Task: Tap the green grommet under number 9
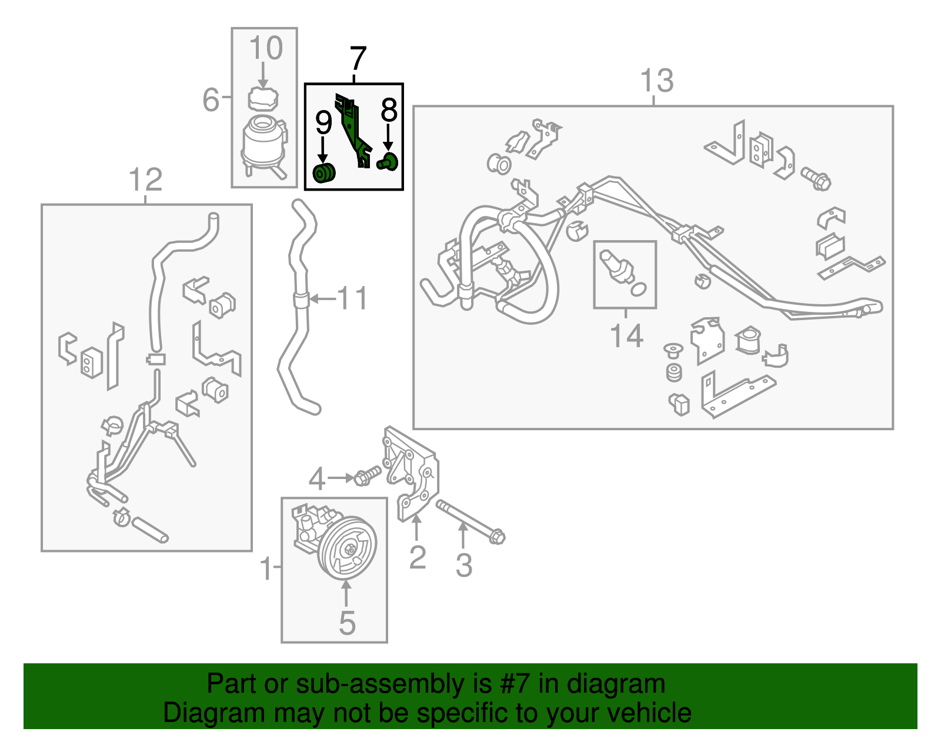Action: [x=323, y=174]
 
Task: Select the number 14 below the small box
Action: [x=626, y=336]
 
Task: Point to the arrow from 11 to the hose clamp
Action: [x=322, y=299]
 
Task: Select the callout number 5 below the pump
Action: [x=347, y=623]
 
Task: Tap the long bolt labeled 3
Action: [x=470, y=520]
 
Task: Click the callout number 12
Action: [x=145, y=179]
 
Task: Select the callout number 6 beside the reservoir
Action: [x=211, y=99]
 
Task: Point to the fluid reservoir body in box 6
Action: [x=263, y=140]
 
